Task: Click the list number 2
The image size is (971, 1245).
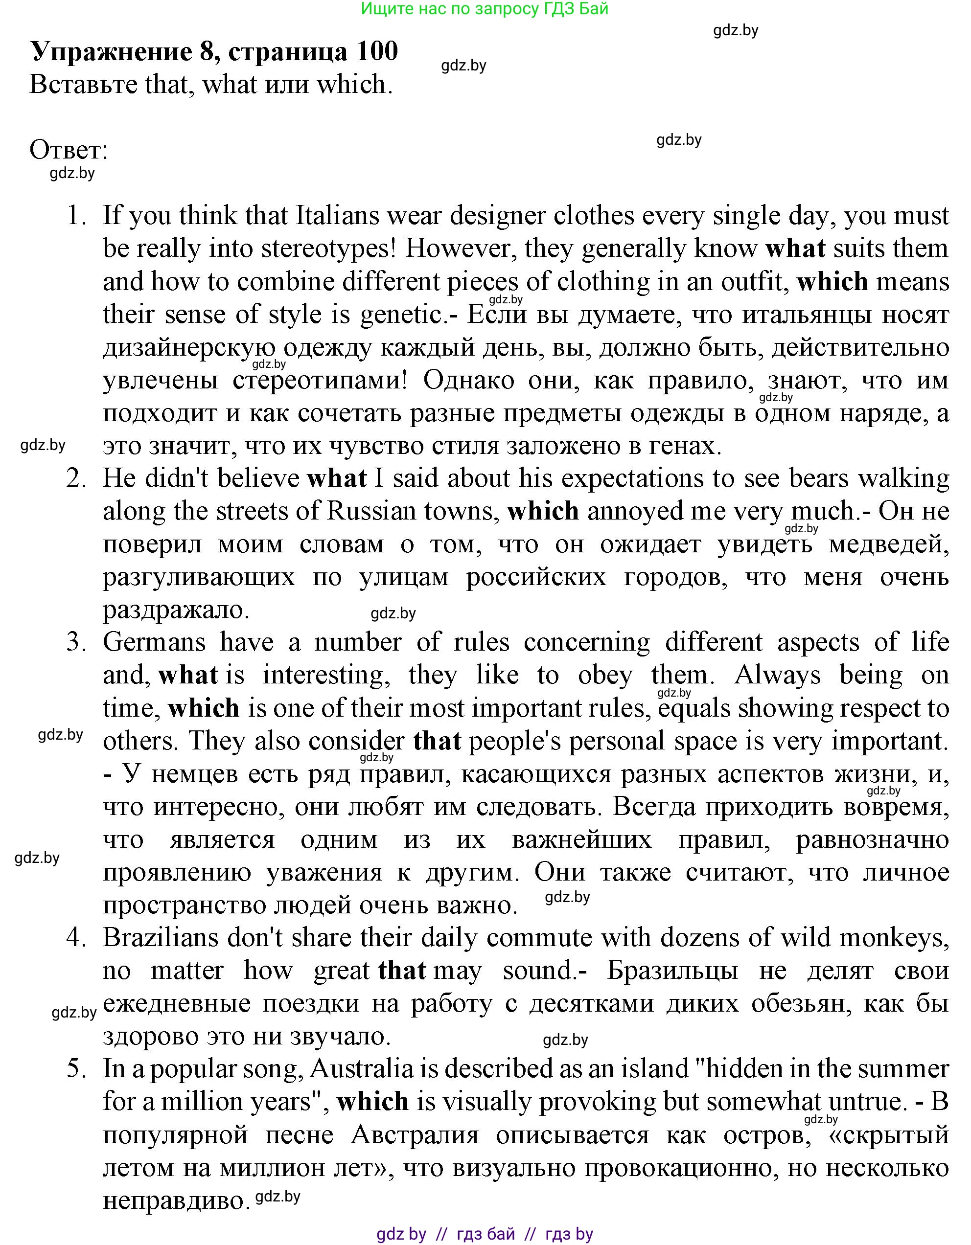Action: [x=76, y=479]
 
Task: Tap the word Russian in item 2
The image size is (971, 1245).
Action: [x=371, y=511]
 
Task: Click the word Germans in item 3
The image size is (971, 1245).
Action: [x=154, y=643]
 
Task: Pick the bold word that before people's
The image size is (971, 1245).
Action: [x=437, y=742]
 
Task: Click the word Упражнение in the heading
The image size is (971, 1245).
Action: [x=111, y=51]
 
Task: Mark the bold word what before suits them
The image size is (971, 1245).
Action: [x=795, y=249]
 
